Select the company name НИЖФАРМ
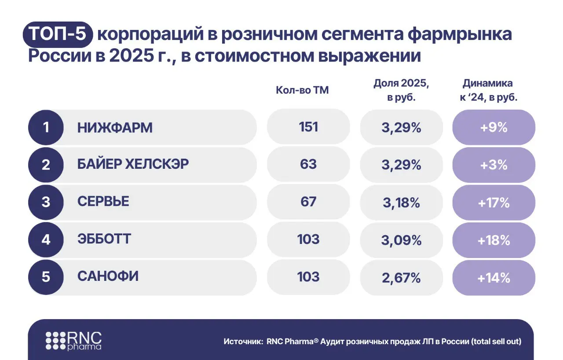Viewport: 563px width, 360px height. tap(115, 127)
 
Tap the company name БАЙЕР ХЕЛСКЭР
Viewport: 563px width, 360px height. tap(133, 164)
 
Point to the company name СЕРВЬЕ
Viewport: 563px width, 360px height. tap(103, 202)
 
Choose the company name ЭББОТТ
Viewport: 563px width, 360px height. tap(104, 240)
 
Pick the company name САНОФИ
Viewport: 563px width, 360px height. tap(108, 277)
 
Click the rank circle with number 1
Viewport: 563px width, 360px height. tap(46, 127)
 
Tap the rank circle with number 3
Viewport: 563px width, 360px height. tap(46, 202)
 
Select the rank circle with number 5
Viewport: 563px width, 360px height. tap(46, 277)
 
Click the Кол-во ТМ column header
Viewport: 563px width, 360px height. tap(302, 90)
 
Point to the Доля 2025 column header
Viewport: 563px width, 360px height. tap(401, 90)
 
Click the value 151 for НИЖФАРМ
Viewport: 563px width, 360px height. tap(308, 127)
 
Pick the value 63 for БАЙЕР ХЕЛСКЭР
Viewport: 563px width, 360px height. tap(308, 164)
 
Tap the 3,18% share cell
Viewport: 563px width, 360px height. tap(402, 203)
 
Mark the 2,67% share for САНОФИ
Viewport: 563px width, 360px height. tap(402, 278)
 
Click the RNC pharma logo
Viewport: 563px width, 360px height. tap(74, 341)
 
